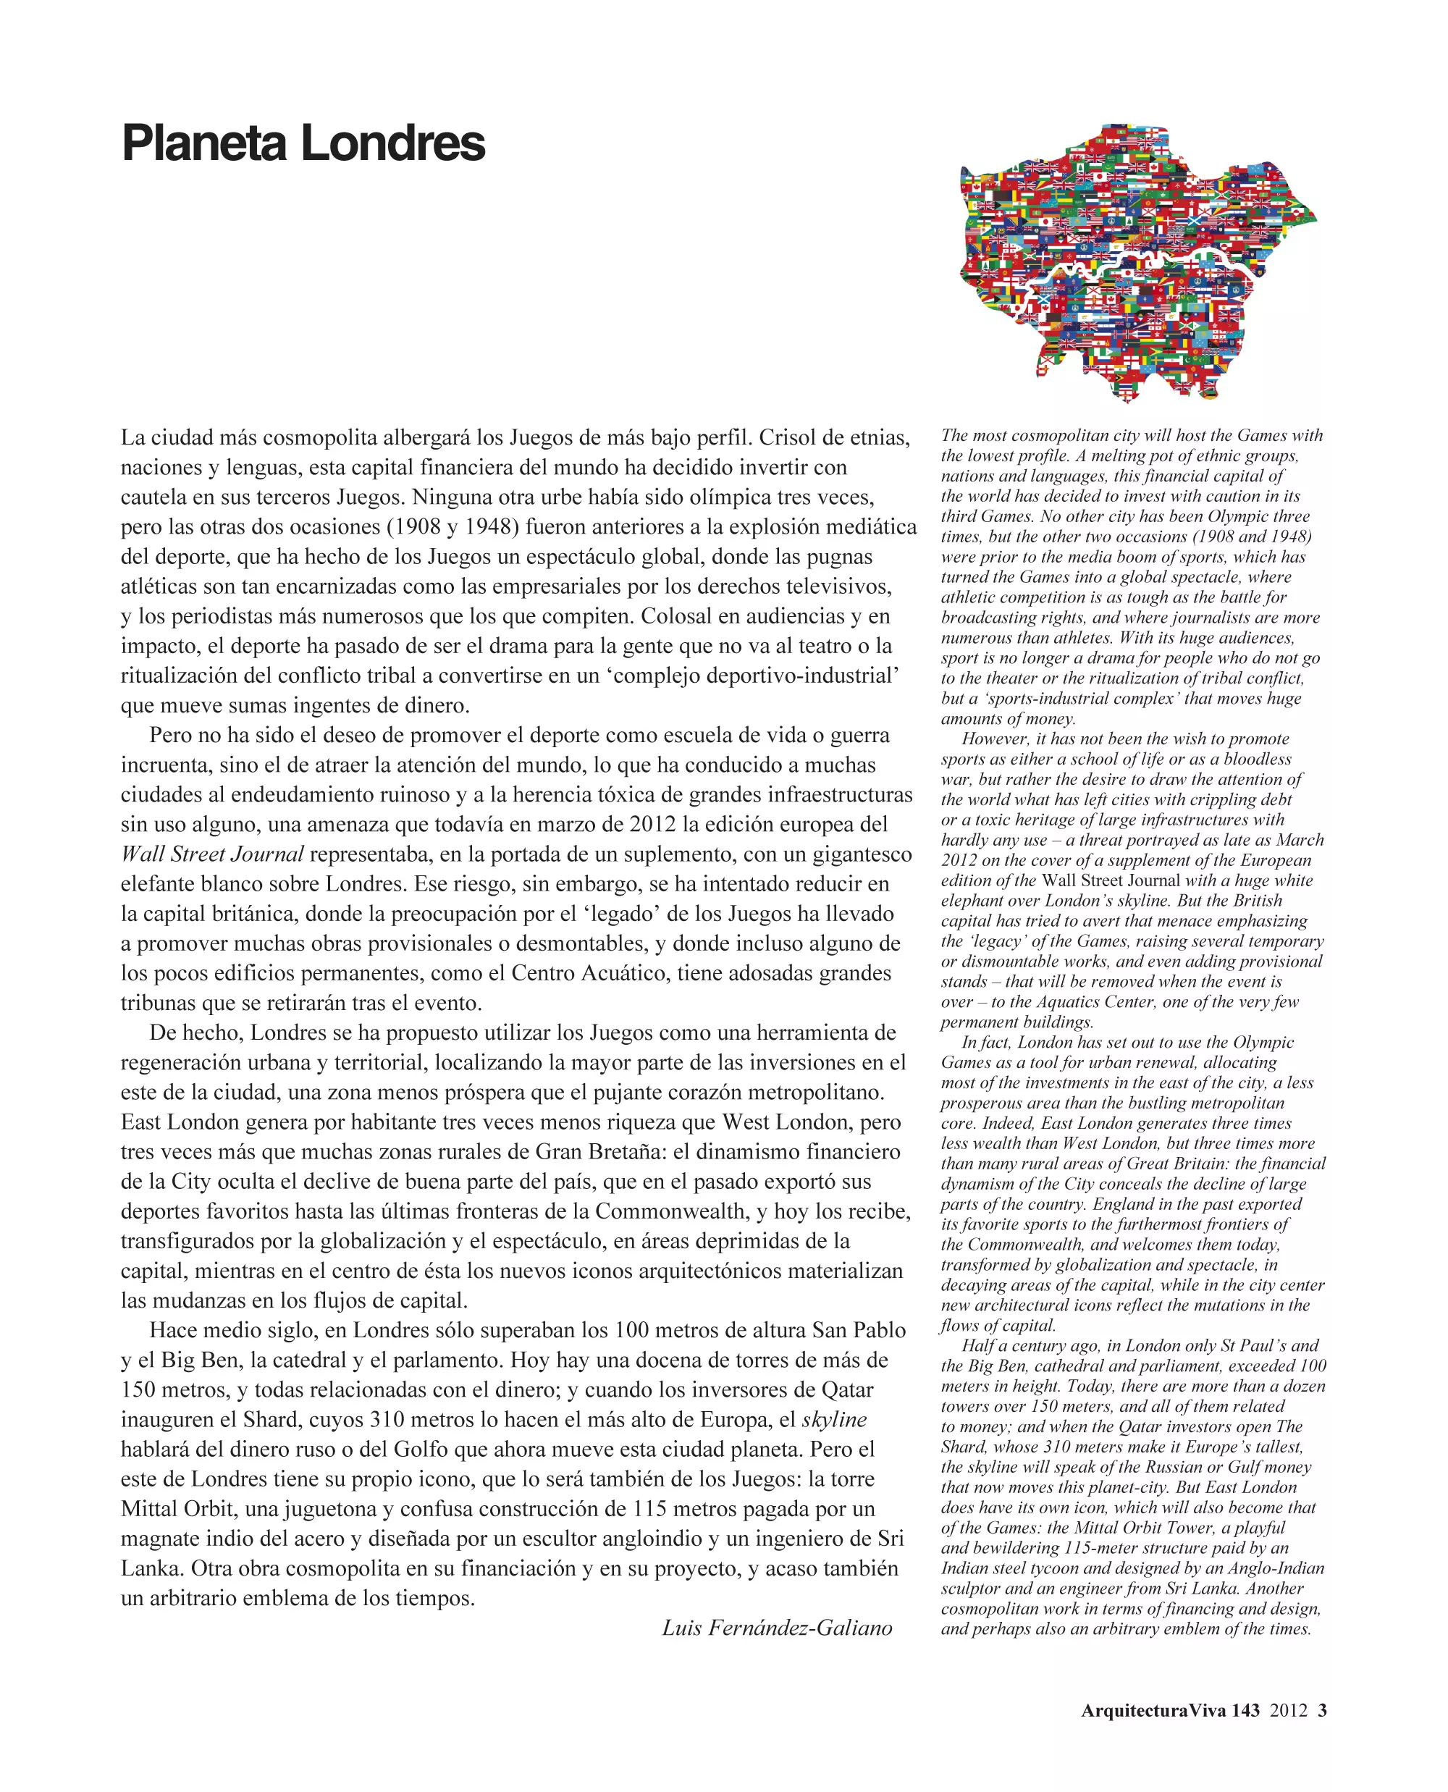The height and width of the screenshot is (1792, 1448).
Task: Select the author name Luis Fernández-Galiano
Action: pyautogui.click(x=777, y=1628)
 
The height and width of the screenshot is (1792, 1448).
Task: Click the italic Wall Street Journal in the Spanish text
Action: pyautogui.click(x=212, y=854)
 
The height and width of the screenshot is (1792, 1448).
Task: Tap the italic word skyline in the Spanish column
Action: pyautogui.click(x=834, y=1419)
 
